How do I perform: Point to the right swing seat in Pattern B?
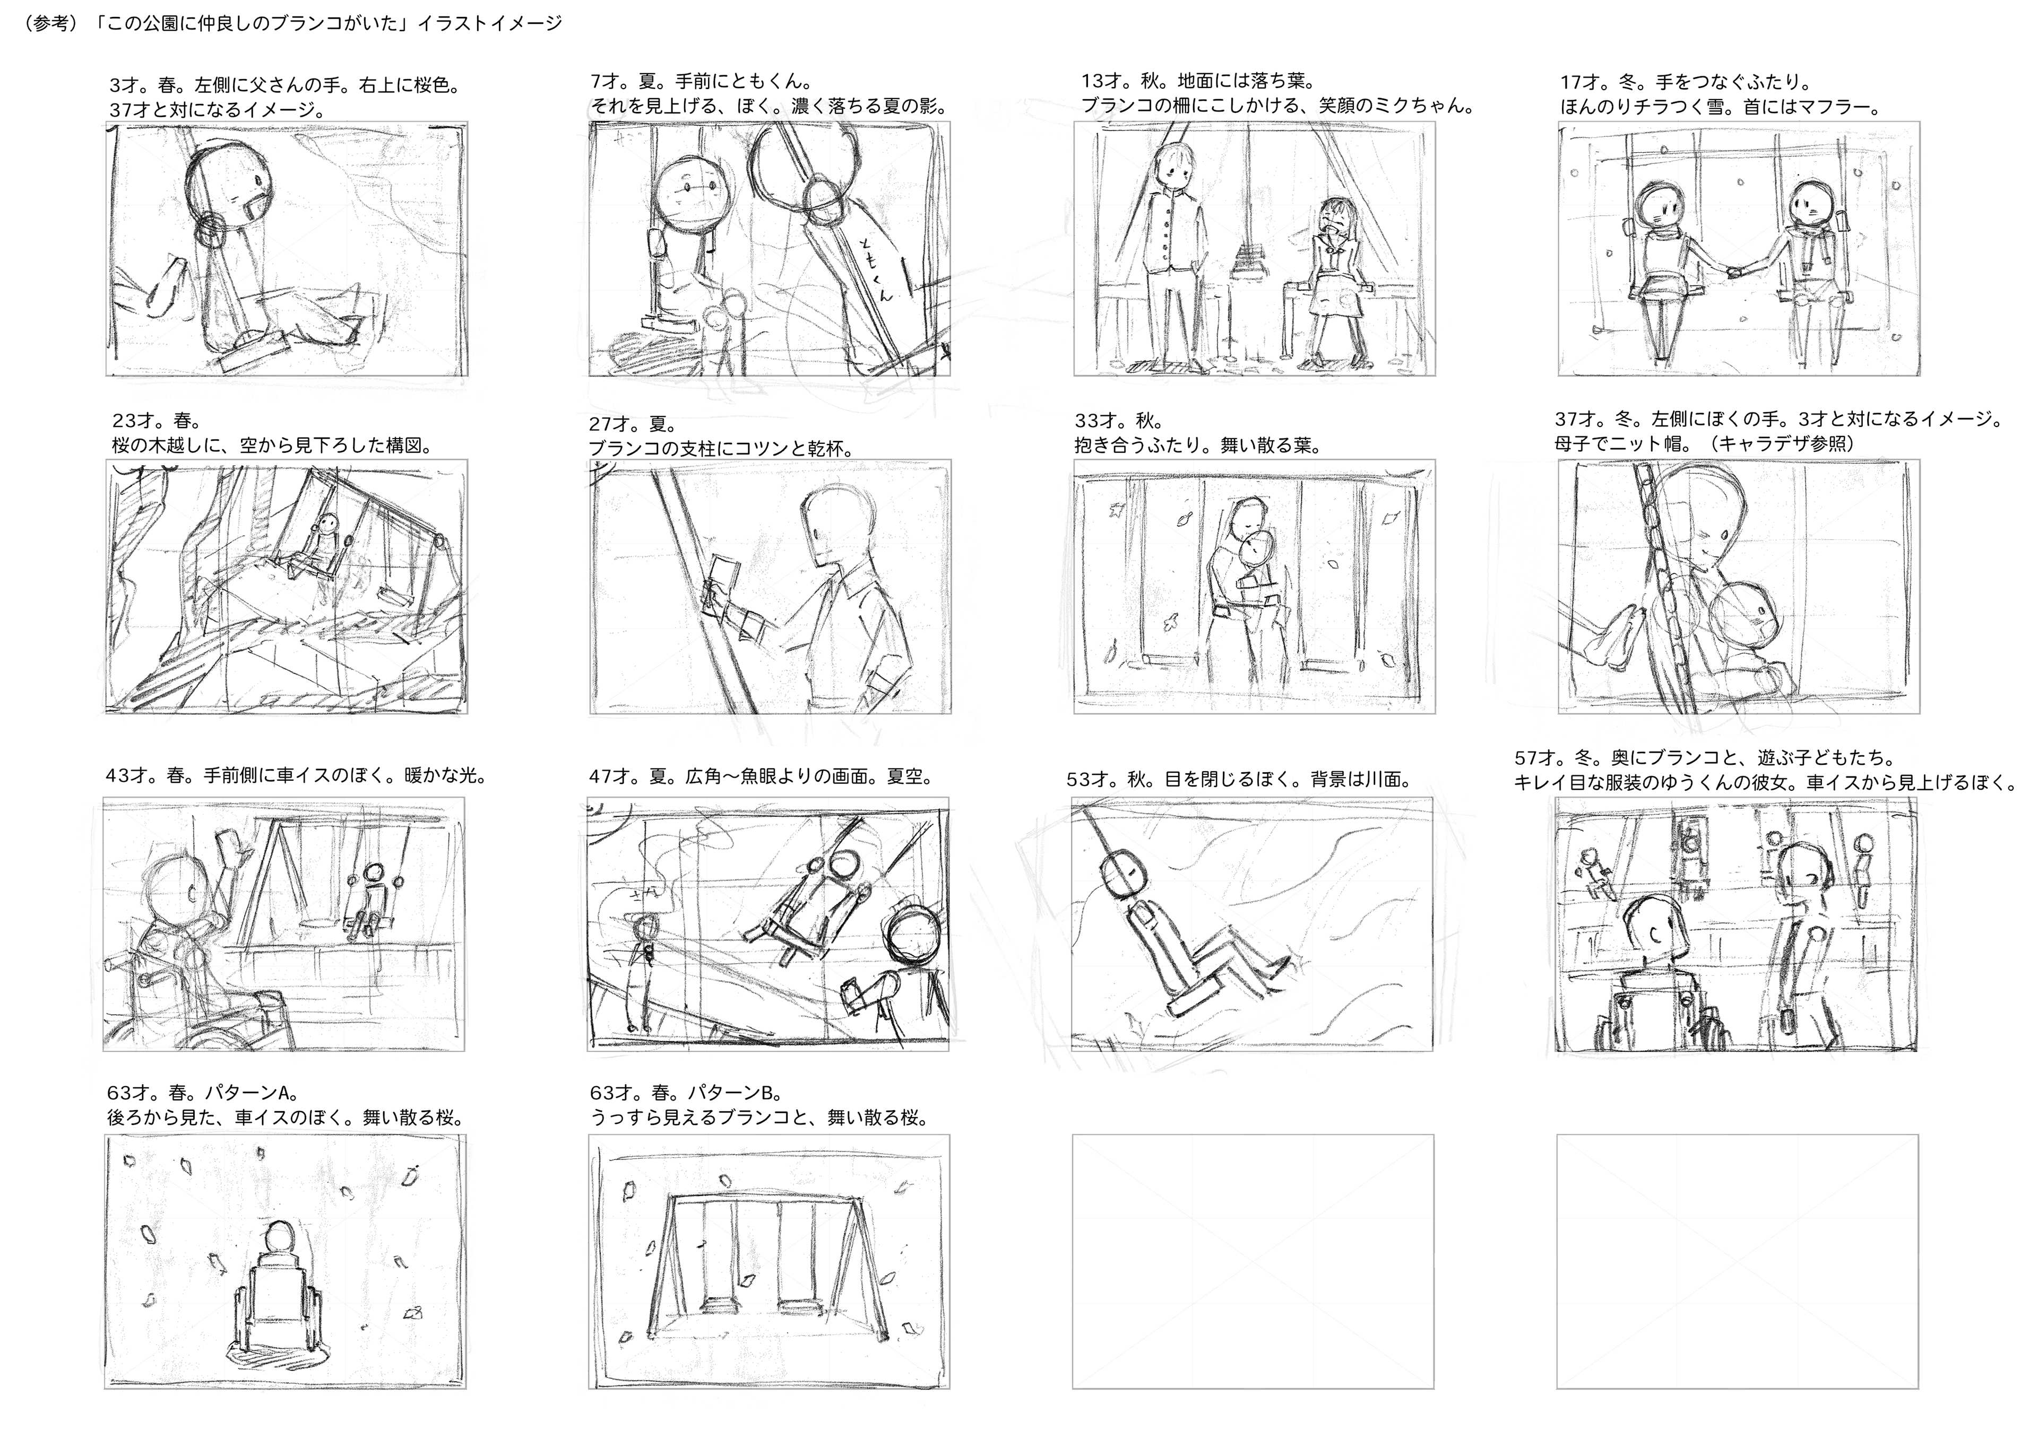point(798,1305)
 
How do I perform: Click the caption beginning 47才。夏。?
point(761,776)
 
